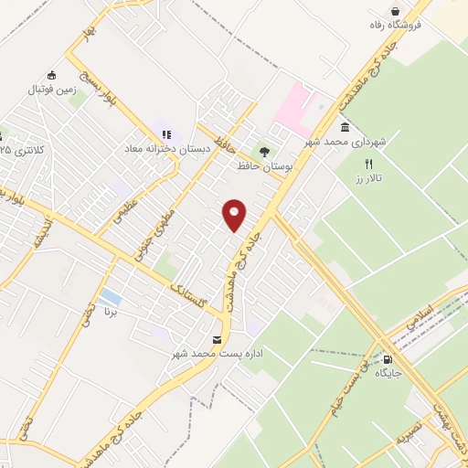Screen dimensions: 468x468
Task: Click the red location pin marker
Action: point(236,215)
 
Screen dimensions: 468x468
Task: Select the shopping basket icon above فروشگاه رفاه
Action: point(395,10)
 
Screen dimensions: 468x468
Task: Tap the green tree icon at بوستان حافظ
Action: point(264,152)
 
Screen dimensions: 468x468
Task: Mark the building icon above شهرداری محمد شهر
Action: point(344,128)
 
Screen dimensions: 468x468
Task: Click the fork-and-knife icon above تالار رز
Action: point(369,165)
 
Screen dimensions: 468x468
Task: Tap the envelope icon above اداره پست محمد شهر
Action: point(216,340)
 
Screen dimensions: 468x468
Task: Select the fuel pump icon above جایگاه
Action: point(391,359)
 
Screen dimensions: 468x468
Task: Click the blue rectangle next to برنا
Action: point(110,297)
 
